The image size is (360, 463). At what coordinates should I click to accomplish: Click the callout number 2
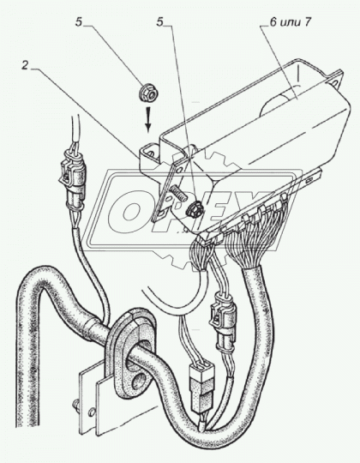pos(25,66)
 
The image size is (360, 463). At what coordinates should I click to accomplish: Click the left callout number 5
pos(79,22)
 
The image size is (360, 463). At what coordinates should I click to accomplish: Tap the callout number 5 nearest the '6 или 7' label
pos(160,22)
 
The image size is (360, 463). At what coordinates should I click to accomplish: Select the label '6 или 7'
pos(291,22)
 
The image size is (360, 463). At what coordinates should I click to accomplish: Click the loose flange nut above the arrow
pos(149,92)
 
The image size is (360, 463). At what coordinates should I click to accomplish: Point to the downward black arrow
pos(148,118)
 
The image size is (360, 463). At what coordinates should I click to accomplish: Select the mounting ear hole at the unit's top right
pos(336,83)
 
